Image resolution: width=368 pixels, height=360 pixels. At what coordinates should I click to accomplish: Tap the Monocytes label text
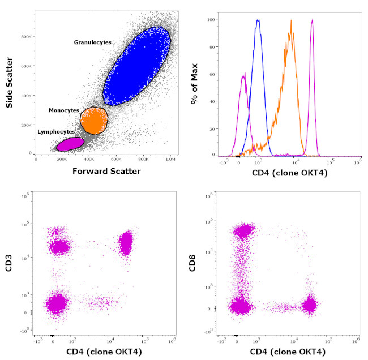click(63, 110)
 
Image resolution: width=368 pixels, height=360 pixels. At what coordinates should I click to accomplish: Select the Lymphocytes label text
click(56, 131)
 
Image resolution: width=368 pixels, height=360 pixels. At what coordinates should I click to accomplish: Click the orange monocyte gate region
click(93, 120)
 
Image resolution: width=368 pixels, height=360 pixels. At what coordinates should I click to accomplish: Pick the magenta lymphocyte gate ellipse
click(70, 144)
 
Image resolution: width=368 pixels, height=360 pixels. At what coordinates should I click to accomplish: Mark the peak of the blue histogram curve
click(258, 20)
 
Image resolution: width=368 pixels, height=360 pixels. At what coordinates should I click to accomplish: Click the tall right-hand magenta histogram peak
click(313, 20)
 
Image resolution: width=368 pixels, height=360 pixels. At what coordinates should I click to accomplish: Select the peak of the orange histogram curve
click(291, 22)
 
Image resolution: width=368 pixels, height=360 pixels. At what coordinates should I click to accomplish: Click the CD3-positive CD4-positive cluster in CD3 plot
click(125, 243)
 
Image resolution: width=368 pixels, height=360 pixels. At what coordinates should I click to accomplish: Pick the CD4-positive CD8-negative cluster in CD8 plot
click(310, 305)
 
